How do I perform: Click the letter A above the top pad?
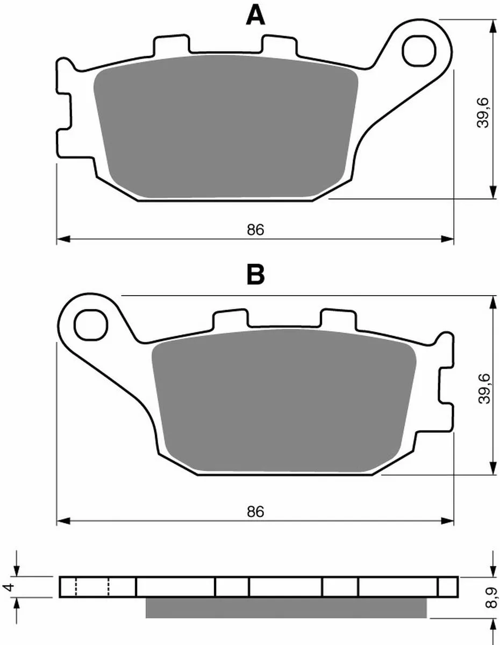click(x=255, y=16)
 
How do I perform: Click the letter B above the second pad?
click(x=255, y=275)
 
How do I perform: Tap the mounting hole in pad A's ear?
click(x=419, y=50)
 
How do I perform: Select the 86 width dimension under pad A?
click(x=255, y=230)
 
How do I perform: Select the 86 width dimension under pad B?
click(x=255, y=512)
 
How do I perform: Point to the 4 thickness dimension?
click(x=6, y=587)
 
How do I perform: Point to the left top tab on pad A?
click(x=171, y=46)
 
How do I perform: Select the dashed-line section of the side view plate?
click(x=92, y=587)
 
